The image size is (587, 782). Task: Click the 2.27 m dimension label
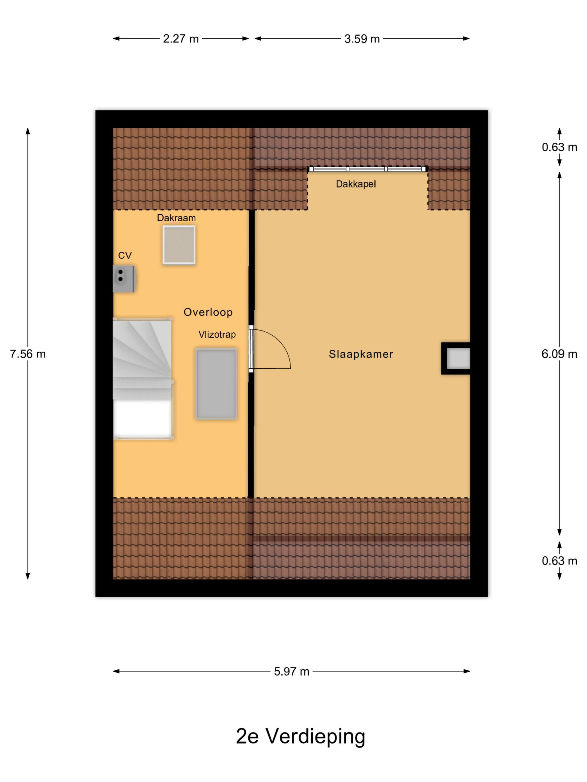point(181,38)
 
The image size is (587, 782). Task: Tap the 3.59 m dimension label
point(362,38)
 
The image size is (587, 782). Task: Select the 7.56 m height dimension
point(28,354)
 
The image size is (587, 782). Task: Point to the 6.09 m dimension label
point(559,354)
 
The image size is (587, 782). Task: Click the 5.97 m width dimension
point(292,671)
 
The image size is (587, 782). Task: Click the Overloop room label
point(208,312)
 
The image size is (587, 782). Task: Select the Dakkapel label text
point(356,184)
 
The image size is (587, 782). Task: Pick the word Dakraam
point(176,218)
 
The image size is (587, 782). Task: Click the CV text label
point(125,255)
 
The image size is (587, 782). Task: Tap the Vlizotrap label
point(217,334)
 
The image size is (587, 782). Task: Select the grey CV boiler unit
point(124,279)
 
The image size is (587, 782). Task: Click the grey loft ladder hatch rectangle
point(216,384)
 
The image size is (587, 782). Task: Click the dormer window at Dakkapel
point(367,169)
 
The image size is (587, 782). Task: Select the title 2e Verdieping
point(301,736)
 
